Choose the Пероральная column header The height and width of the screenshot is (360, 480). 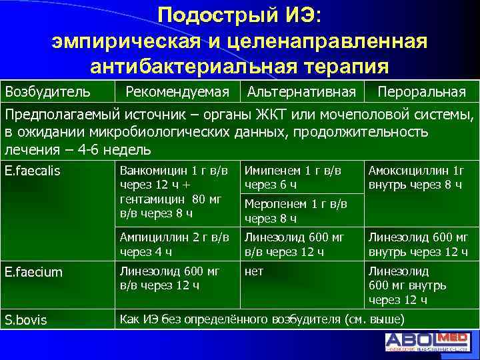pos(420,91)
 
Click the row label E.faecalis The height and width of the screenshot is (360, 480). pos(32,171)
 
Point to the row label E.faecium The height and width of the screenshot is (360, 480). pos(33,272)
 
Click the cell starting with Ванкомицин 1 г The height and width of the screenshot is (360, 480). pos(174,191)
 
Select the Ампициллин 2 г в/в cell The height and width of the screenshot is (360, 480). pos(174,244)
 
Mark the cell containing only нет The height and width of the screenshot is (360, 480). pos(254,271)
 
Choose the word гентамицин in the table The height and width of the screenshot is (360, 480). pos(152,199)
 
